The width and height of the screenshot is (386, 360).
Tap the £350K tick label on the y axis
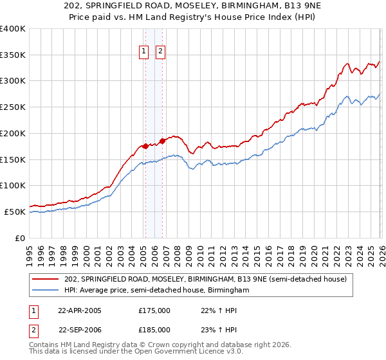12,55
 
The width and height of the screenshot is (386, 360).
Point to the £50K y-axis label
15,212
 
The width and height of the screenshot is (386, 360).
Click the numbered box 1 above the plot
143,53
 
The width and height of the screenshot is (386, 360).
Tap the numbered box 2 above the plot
160,53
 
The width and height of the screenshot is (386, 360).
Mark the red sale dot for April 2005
145,146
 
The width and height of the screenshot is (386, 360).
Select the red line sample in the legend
46,280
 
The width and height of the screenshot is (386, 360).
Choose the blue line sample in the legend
46,291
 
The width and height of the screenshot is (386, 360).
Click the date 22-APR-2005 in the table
80,310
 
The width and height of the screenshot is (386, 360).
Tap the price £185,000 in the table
154,330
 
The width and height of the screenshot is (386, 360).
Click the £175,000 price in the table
154,310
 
